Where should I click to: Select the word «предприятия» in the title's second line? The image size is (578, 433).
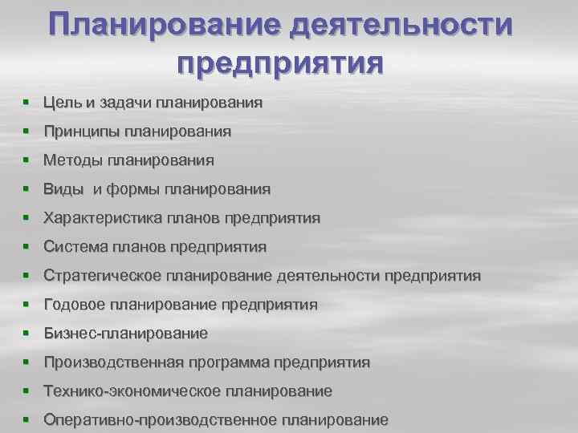tap(280, 62)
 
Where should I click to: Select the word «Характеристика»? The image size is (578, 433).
tap(103, 218)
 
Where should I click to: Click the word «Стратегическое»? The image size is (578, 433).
tap(103, 276)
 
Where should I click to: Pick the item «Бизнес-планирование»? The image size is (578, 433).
tap(125, 334)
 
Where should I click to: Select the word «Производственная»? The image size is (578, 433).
tap(115, 362)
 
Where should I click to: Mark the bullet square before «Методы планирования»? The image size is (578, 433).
tap(26, 160)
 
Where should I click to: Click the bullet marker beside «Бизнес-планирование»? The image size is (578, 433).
tap(26, 334)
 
